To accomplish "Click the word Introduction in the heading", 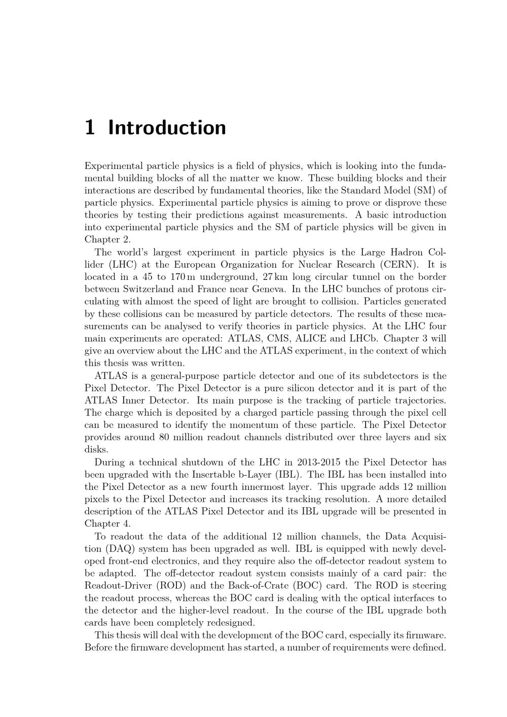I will (x=167, y=127).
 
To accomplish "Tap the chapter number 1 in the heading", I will (x=90, y=127).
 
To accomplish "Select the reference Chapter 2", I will (x=107, y=239).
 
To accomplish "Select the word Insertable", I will (x=214, y=475).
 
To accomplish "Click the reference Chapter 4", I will (x=107, y=523).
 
